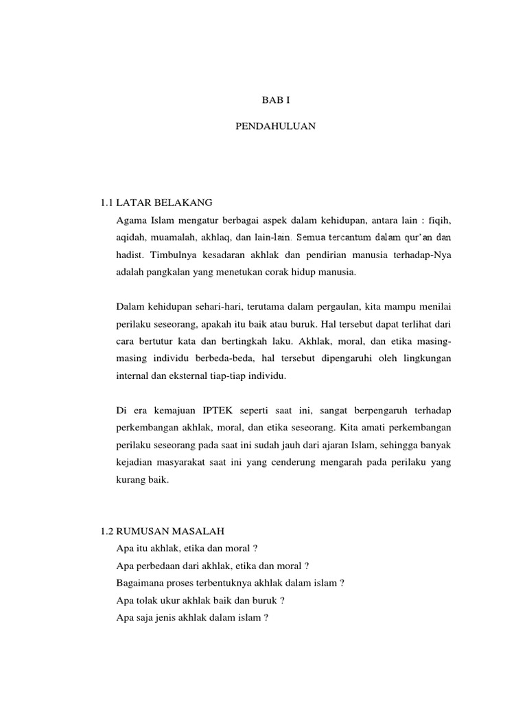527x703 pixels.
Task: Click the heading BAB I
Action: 277,100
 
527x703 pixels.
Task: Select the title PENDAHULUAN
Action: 277,127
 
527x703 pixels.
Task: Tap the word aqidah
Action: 133,238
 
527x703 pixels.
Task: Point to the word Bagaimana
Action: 141,583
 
